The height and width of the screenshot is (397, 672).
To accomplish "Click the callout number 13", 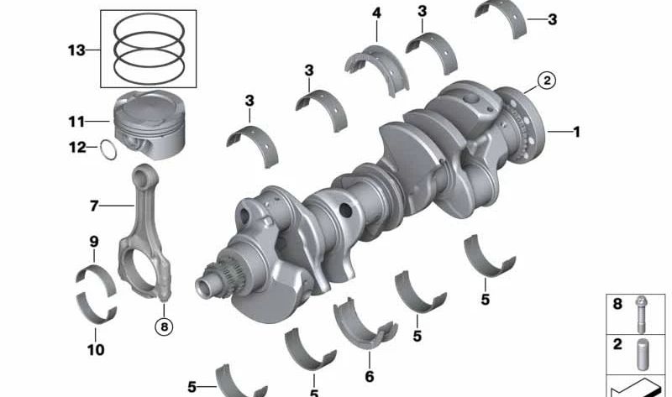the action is (x=76, y=50).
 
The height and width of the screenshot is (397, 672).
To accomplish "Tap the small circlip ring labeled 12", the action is (x=108, y=149).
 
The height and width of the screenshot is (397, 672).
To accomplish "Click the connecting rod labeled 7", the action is (x=144, y=232).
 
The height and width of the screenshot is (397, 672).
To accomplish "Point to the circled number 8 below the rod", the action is (x=164, y=327).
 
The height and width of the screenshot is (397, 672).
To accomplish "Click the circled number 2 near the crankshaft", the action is (x=547, y=81).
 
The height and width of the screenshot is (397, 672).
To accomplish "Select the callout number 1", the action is (x=577, y=132).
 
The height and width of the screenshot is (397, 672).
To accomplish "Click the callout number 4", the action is (x=376, y=13).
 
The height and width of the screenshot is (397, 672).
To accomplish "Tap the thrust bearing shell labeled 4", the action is (x=376, y=69).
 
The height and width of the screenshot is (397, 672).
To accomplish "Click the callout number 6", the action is (x=370, y=377).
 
